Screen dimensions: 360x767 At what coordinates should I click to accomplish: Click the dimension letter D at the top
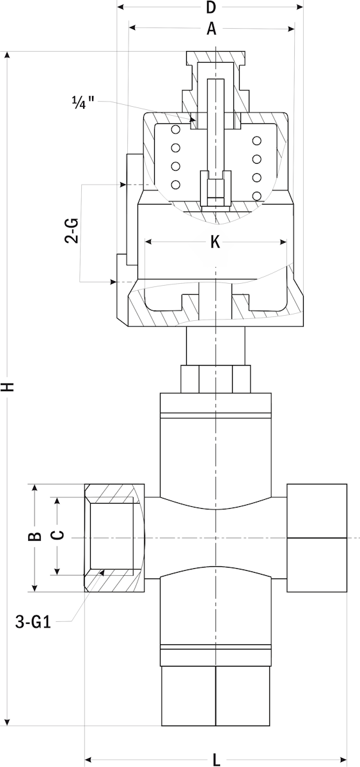click(211, 7)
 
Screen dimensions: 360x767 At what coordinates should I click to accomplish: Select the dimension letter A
click(212, 29)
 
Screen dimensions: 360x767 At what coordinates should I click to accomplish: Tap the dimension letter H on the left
click(8, 387)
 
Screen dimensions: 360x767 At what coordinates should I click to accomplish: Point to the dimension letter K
click(215, 242)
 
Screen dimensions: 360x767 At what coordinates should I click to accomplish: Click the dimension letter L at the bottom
click(216, 760)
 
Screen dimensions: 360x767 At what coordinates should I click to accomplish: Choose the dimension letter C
click(59, 535)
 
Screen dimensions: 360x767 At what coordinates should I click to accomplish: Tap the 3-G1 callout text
click(33, 621)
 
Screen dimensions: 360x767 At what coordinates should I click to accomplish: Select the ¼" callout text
click(83, 102)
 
